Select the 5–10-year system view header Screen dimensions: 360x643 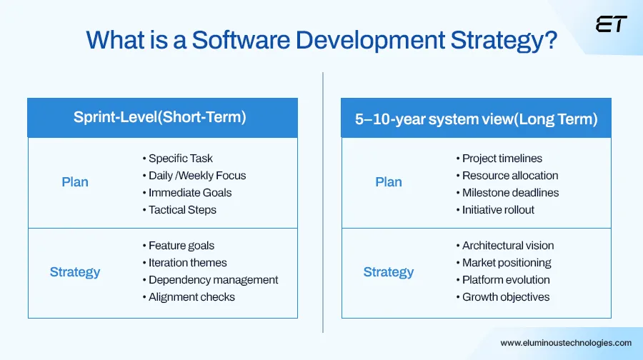476,119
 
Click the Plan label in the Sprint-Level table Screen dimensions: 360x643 75,182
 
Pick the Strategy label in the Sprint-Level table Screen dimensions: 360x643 75,272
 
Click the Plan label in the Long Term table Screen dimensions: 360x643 389,182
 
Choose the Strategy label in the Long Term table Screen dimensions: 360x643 389,272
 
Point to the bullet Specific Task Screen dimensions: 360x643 181,159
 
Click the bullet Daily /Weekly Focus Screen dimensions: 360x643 197,176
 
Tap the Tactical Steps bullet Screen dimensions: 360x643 182,210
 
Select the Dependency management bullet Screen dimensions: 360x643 213,280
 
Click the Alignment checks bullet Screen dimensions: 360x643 191,297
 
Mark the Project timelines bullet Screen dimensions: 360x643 502,159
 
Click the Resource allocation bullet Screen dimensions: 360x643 509,176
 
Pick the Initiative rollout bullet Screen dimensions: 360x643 498,210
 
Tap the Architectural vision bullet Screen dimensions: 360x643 507,245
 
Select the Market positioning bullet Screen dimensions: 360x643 507,263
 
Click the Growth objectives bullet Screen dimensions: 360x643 506,297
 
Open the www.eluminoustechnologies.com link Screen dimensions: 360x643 566,343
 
